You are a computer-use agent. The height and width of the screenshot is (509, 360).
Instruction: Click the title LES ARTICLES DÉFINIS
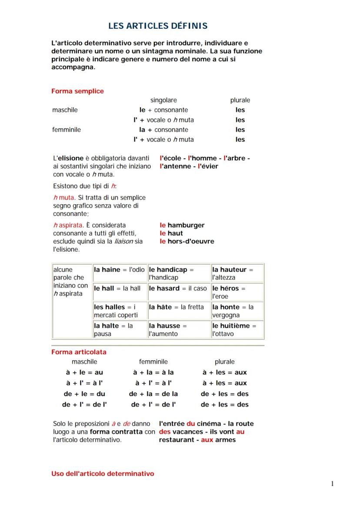(158, 26)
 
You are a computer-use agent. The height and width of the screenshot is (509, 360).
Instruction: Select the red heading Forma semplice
(77, 91)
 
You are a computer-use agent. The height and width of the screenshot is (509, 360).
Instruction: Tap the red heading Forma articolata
(79, 352)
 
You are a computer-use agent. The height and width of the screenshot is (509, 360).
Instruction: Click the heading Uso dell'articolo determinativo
(103, 473)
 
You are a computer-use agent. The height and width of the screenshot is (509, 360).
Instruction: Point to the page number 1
(332, 484)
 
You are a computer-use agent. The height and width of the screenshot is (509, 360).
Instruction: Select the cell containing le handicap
(179, 273)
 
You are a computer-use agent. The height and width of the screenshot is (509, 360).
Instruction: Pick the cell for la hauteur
(237, 273)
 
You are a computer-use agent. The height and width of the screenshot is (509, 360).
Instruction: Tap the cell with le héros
(237, 292)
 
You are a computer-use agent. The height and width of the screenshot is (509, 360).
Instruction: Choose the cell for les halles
(120, 311)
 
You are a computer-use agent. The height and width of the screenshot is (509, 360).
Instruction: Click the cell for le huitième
(237, 329)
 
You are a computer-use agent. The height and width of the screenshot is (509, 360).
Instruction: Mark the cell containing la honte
(237, 311)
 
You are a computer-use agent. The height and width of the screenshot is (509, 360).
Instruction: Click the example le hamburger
(182, 225)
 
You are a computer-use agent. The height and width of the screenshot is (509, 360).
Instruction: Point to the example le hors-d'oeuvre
(187, 241)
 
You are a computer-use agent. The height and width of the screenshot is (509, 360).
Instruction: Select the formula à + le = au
(84, 373)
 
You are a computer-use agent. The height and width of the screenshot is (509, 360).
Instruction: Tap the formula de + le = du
(84, 394)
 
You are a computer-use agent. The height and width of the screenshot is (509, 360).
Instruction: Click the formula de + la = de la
(153, 394)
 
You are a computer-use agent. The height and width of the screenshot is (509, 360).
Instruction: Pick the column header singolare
(163, 100)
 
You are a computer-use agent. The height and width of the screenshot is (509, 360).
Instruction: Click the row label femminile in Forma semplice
(67, 130)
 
